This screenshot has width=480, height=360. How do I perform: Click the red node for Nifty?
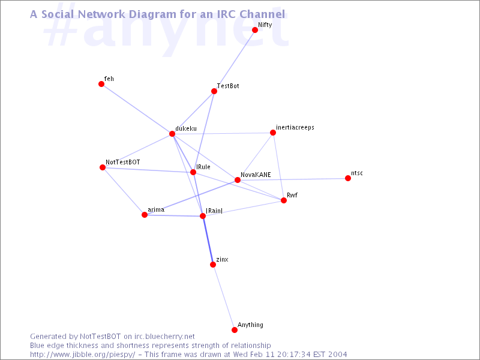(x=254, y=29)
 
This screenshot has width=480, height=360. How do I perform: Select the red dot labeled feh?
(x=101, y=84)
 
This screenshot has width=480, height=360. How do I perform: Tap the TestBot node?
(x=214, y=91)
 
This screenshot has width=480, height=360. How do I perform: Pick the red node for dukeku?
(x=172, y=134)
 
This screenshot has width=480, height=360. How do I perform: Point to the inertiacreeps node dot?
(x=273, y=133)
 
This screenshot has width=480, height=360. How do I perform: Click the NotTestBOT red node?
(x=103, y=167)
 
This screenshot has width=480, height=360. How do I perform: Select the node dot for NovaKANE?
(x=237, y=180)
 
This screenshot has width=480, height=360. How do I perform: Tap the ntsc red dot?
(x=348, y=178)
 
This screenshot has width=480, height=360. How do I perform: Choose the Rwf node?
(x=283, y=200)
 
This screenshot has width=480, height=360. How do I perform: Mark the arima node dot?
(x=145, y=215)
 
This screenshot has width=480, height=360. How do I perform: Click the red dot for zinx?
(x=213, y=265)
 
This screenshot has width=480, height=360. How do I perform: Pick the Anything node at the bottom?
(x=234, y=329)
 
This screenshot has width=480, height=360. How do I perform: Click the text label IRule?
(x=203, y=167)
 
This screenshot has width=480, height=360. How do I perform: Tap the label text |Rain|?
(x=214, y=211)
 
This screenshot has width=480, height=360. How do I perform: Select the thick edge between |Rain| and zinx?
(x=208, y=241)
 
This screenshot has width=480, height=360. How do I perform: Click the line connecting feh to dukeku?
(x=137, y=109)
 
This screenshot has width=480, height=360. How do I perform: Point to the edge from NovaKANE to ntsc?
(x=292, y=179)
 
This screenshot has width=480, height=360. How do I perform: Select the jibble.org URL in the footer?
(x=82, y=355)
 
